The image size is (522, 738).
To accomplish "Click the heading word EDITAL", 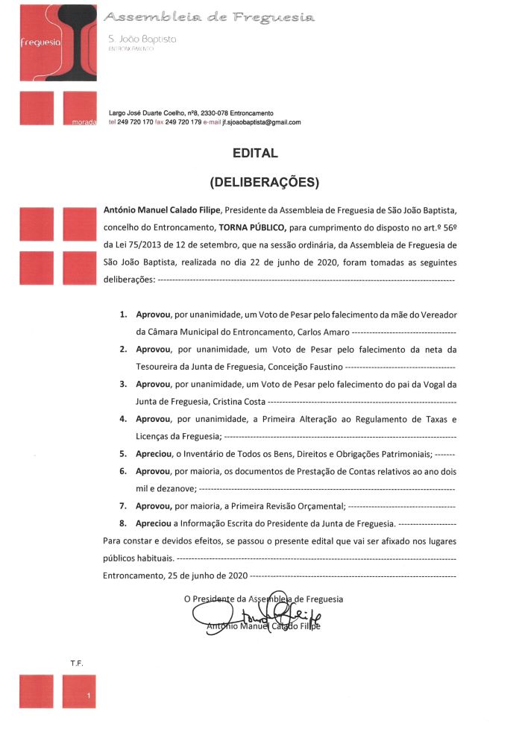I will point(255,154).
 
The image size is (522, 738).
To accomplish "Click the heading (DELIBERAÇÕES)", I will point(265,181).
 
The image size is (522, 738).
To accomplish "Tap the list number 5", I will point(123,453).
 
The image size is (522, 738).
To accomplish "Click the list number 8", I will point(123,524).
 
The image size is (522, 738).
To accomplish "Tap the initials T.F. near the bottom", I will point(76,662).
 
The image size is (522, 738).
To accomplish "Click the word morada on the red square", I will point(84,122).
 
